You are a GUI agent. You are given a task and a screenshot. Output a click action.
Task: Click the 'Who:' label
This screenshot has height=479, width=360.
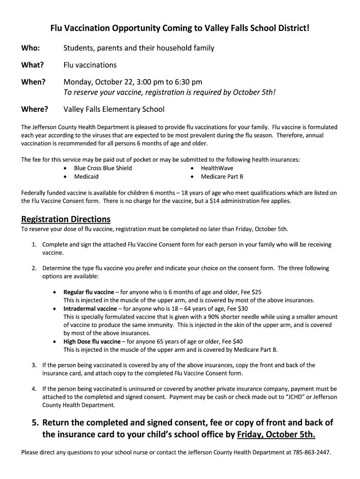click(30, 48)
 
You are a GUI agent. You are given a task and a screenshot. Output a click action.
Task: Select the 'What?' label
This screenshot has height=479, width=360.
click(33, 65)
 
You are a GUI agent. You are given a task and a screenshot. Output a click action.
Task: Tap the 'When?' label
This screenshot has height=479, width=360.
click(33, 82)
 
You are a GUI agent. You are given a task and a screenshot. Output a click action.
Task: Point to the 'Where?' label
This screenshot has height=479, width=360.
click(35, 109)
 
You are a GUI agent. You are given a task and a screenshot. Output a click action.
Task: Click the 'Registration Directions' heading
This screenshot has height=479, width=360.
click(66, 219)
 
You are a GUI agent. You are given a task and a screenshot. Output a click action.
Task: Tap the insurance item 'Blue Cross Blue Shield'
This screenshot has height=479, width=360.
click(103, 168)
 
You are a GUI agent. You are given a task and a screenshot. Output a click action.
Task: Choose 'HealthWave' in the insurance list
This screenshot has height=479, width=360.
click(217, 168)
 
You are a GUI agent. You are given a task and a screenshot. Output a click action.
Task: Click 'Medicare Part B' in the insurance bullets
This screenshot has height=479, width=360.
click(222, 176)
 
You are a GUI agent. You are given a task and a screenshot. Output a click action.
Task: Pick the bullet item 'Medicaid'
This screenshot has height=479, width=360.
click(86, 176)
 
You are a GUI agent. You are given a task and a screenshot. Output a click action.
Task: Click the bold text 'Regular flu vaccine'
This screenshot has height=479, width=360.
click(89, 292)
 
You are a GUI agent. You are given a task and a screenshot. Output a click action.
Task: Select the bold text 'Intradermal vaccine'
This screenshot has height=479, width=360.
click(90, 309)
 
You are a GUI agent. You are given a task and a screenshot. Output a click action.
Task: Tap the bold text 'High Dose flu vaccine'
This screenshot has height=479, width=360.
click(92, 341)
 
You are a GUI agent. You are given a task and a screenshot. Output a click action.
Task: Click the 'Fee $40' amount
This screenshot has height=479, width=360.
click(232, 341)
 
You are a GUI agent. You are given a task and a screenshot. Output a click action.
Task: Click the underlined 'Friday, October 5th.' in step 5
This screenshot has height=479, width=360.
click(276, 435)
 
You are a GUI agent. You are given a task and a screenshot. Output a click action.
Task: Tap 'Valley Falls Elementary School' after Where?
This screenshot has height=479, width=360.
click(114, 109)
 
